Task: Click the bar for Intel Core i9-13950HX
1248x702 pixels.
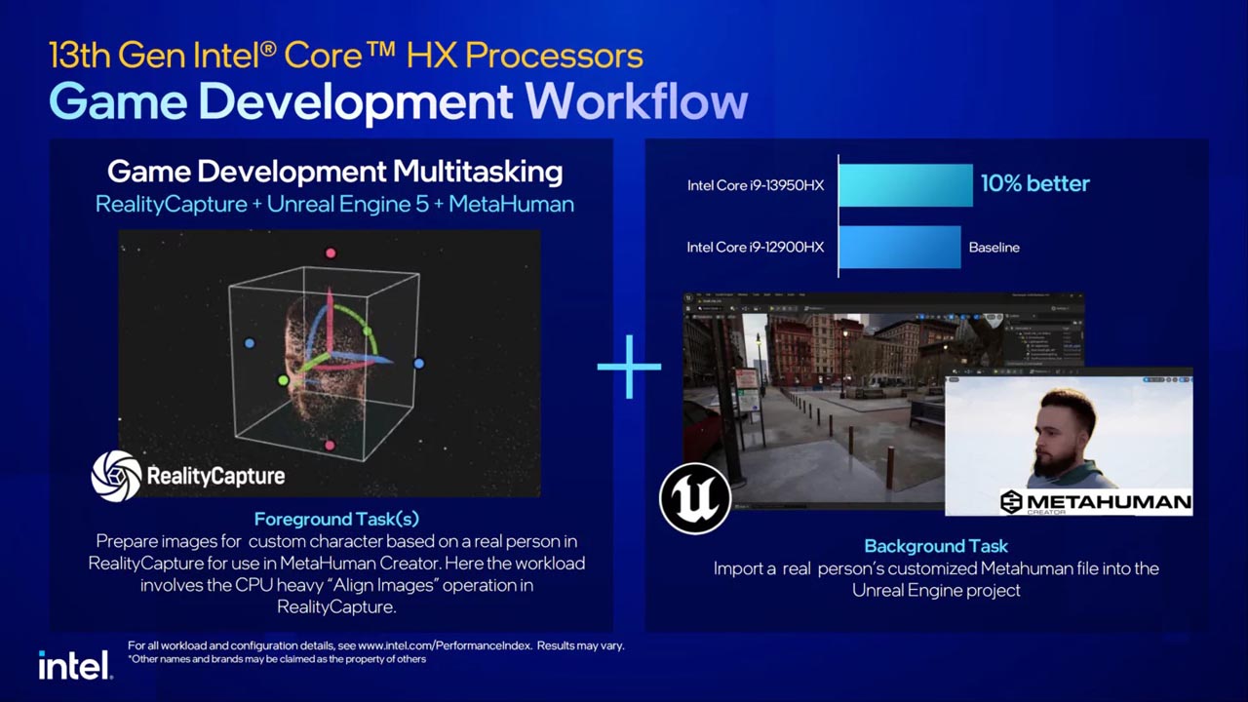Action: tap(905, 184)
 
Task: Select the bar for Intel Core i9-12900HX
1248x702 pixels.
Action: tap(899, 247)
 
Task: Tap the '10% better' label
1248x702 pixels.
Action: tap(1034, 183)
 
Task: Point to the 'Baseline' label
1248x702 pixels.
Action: tap(994, 248)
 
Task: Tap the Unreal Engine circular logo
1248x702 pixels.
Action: tap(695, 498)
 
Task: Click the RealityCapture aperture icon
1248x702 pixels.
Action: tap(116, 476)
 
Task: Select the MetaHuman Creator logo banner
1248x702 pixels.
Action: tap(1095, 502)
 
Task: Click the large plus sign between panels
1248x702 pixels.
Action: tap(629, 367)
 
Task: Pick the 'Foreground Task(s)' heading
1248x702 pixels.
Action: tap(336, 519)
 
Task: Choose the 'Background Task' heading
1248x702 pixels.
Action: tap(935, 546)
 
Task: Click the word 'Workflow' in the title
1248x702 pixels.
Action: tap(636, 101)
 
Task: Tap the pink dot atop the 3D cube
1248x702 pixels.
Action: tap(331, 253)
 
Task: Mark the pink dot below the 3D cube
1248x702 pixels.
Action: tap(330, 446)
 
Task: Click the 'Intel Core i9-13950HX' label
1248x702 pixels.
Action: tap(755, 185)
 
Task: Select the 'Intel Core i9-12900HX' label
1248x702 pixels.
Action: tap(755, 248)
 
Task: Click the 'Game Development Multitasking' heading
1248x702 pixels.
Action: tap(334, 173)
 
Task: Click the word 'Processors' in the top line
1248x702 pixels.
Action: tap(553, 55)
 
